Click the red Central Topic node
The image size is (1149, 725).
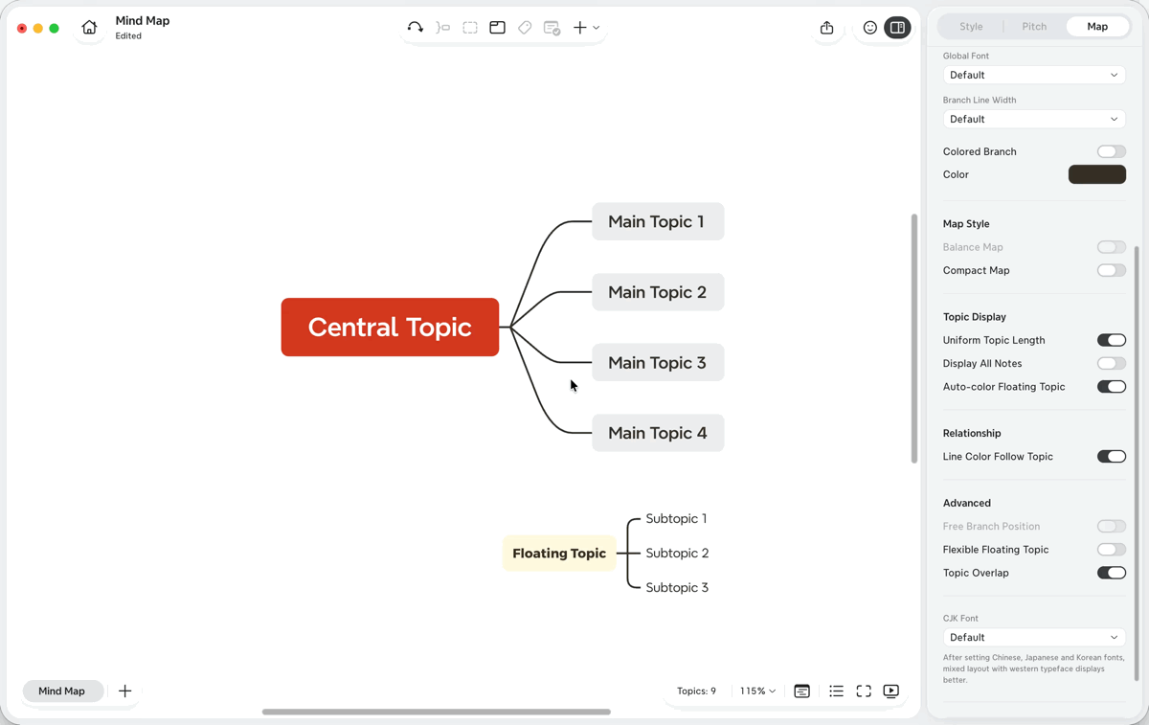pos(390,327)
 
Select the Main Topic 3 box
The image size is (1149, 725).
pos(658,362)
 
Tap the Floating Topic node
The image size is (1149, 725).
pos(559,554)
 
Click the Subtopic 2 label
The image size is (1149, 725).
pos(677,553)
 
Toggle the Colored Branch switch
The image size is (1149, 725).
pos(1111,151)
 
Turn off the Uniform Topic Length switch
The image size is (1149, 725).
pos(1111,340)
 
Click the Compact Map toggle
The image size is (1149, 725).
pos(1111,270)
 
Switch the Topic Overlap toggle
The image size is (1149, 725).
pos(1111,573)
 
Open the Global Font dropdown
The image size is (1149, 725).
pos(1034,75)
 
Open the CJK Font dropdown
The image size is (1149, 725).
pos(1034,637)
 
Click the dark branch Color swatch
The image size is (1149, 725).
pos(1097,174)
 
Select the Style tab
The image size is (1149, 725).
pos(971,26)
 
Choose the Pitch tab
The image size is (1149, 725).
pos(1034,26)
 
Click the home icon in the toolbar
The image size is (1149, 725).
pos(89,27)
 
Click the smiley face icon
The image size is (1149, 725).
pos(870,27)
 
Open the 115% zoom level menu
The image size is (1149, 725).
pos(757,691)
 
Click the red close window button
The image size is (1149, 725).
pos(21,28)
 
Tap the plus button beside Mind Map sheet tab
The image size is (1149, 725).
pos(124,691)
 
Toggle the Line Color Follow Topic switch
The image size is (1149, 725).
pos(1111,456)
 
